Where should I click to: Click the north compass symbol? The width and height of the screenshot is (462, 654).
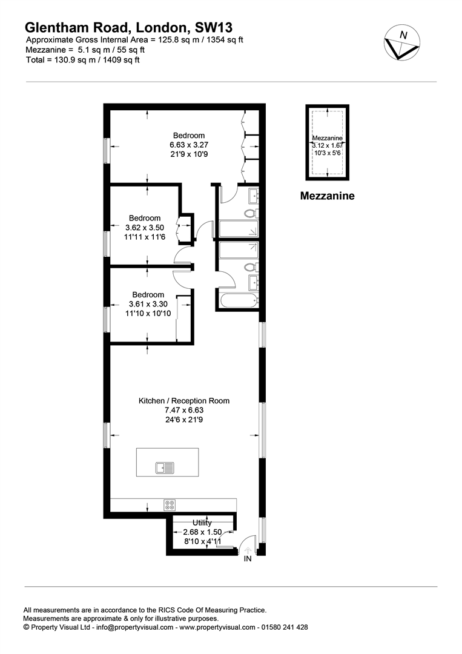[402, 43]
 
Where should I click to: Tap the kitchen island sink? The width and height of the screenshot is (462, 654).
[165, 468]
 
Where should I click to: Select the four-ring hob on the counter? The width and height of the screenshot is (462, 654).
[170, 505]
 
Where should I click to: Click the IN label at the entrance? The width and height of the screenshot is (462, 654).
[248, 559]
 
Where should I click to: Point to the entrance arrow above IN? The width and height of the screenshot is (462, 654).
[248, 550]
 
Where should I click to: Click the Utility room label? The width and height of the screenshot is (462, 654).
[202, 523]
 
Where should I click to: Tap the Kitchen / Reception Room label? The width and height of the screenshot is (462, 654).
[184, 401]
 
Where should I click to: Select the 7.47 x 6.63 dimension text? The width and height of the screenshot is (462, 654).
[184, 411]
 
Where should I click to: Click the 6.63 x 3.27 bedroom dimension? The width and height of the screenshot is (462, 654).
[189, 145]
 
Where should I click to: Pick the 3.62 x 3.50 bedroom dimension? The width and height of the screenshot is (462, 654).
[145, 228]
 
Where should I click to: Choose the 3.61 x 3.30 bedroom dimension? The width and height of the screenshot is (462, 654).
[148, 304]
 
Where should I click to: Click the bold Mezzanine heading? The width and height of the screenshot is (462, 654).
[328, 196]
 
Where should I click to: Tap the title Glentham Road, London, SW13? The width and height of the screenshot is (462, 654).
[129, 27]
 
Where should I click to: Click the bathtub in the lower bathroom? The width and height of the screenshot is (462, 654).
[239, 300]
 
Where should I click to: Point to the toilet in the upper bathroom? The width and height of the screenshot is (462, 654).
[251, 214]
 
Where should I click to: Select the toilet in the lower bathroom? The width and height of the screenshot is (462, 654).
[251, 267]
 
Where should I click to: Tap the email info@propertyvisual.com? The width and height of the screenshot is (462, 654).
[134, 627]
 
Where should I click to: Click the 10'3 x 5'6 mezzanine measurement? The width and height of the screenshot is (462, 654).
[328, 153]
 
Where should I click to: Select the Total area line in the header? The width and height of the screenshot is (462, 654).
[82, 59]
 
